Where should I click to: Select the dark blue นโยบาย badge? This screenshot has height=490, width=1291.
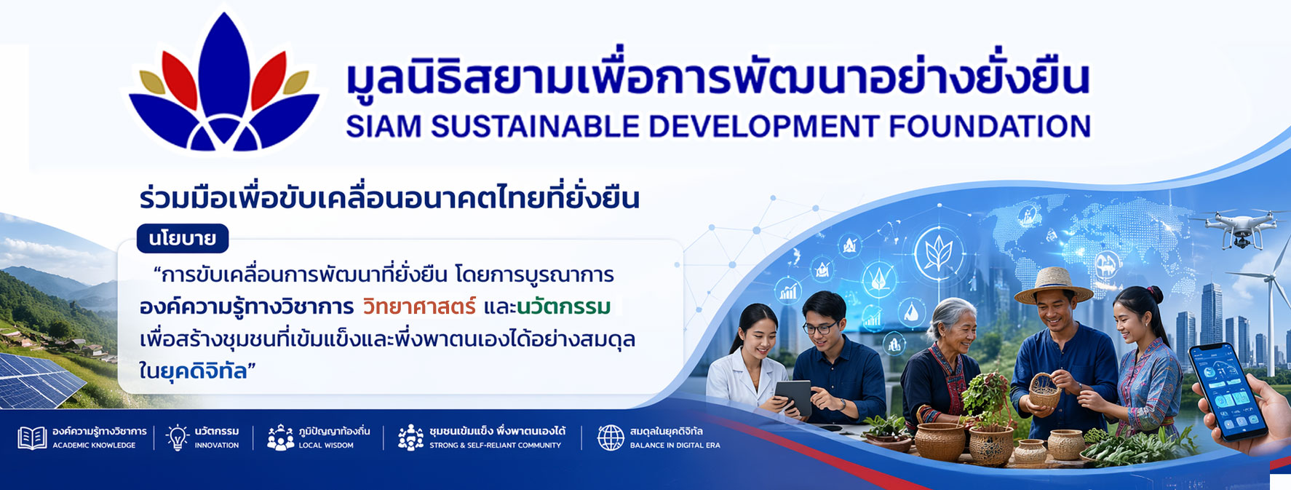click(x=183, y=238)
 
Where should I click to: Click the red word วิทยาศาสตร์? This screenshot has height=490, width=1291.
click(x=419, y=307)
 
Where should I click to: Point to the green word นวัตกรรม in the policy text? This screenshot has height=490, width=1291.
click(x=564, y=307)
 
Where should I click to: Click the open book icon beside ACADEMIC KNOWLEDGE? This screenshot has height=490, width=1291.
click(x=32, y=438)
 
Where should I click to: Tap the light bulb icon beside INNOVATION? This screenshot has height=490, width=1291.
click(x=177, y=437)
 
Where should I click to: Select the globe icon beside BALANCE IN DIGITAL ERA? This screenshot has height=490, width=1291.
click(x=611, y=438)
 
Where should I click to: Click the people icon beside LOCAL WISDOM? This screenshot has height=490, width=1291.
click(x=280, y=437)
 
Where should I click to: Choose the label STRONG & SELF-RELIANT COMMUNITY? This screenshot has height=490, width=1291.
click(x=495, y=446)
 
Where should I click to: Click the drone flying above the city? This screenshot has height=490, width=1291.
click(x=1235, y=226)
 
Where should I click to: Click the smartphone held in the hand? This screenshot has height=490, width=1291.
click(x=1227, y=392)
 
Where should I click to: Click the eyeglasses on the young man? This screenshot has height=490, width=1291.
click(x=821, y=328)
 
